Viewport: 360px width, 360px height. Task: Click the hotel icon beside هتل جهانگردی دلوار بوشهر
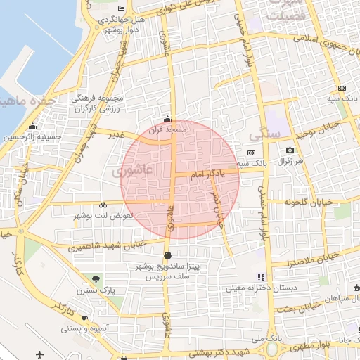(x=122, y=9)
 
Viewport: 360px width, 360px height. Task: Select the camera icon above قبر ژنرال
(x=290, y=150)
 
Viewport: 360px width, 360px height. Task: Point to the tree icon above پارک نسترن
(x=96, y=279)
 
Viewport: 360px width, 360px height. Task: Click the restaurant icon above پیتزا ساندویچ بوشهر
(x=167, y=255)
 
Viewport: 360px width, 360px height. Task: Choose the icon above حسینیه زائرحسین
(x=32, y=127)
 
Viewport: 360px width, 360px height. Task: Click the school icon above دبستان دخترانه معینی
(x=261, y=277)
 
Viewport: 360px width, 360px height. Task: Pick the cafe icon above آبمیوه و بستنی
(x=84, y=318)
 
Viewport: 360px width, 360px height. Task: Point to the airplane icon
(x=39, y=353)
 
